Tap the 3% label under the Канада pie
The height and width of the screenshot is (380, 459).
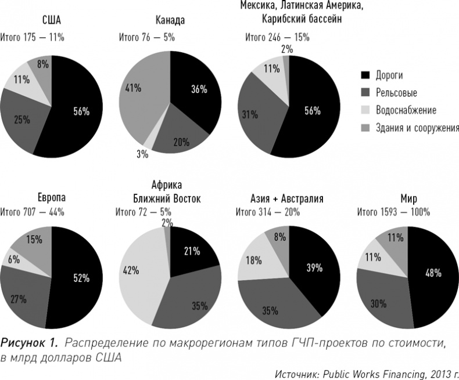(142, 154)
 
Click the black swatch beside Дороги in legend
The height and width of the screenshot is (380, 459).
(365, 75)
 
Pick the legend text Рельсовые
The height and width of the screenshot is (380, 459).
(396, 92)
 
